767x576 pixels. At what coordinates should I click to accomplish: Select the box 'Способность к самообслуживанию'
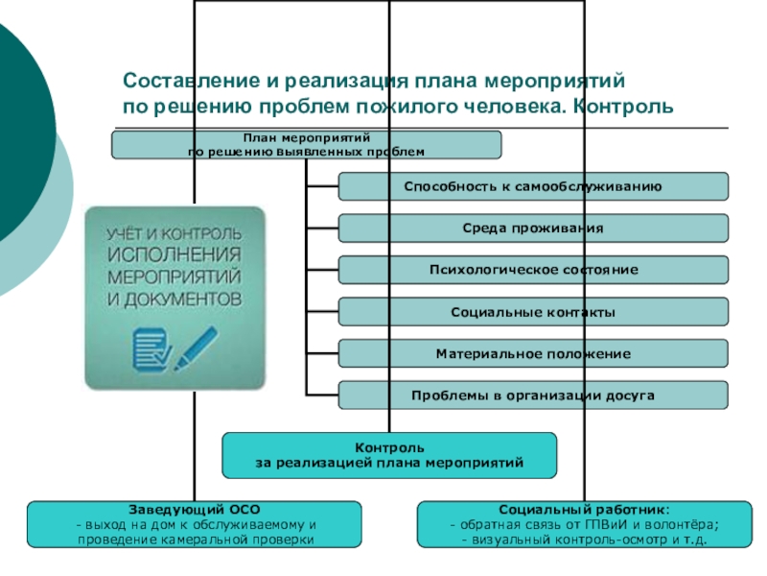[533, 186]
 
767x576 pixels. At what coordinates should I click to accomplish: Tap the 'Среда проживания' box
[533, 228]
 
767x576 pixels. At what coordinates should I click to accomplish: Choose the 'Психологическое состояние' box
[533, 270]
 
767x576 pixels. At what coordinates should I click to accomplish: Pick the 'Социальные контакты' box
[533, 311]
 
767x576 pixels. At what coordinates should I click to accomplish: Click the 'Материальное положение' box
[533, 353]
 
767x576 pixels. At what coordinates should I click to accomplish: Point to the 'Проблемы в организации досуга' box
[533, 395]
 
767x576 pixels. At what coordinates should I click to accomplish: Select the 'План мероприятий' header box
[306, 145]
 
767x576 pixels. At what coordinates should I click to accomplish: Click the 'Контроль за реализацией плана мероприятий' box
[389, 455]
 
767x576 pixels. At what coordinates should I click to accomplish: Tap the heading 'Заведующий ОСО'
[195, 510]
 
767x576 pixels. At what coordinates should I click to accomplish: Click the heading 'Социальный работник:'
[584, 510]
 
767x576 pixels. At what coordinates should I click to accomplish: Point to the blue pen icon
[197, 348]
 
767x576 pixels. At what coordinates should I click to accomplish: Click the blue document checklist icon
[151, 349]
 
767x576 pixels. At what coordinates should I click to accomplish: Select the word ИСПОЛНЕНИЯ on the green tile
[174, 254]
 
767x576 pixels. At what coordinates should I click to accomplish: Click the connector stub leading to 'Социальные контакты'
[322, 311]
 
